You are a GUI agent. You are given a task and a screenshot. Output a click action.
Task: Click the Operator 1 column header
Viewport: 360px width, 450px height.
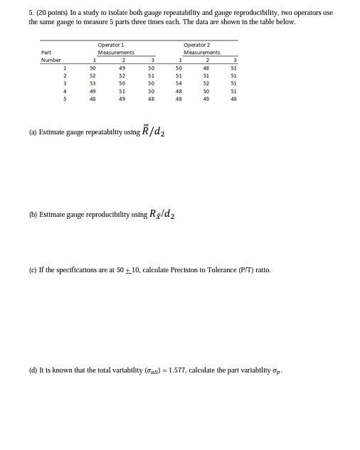point(116,45)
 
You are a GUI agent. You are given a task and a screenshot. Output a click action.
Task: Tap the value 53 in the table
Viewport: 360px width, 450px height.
point(92,83)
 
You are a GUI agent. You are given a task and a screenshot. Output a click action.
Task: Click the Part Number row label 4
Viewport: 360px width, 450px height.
point(65,91)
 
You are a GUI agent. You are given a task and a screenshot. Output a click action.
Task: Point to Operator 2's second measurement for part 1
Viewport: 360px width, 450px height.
point(206,68)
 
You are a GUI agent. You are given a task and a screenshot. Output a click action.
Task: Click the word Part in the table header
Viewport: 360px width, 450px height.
point(46,53)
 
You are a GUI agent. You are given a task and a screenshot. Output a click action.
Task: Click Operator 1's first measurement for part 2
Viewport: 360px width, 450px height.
point(92,75)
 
